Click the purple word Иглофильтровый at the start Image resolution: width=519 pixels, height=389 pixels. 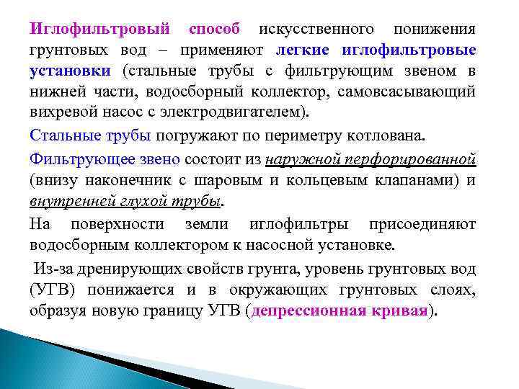pyautogui.click(x=99, y=30)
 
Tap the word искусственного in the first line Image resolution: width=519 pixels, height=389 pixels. pyautogui.click(x=316, y=30)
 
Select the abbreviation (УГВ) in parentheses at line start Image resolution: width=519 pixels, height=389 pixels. pyautogui.click(x=52, y=290)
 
